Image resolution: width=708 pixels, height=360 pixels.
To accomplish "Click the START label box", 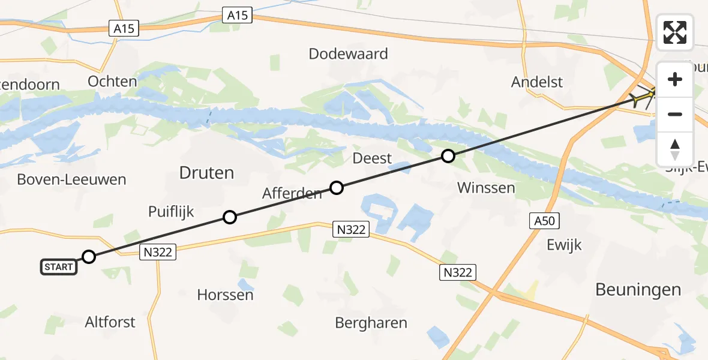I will point(59,267).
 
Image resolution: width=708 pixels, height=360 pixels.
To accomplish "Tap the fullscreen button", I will point(675,32).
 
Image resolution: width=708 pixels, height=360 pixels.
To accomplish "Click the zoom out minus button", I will point(675,114).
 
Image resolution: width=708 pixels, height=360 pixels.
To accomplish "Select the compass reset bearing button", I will point(675,149).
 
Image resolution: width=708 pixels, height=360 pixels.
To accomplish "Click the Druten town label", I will point(206,173).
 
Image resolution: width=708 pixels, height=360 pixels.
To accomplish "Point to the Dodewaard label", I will point(348,53).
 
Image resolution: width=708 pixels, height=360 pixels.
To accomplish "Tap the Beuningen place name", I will point(638,290).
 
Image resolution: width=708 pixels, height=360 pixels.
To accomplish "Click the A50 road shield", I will point(545,221).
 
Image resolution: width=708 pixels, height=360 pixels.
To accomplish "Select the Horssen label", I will point(225,295).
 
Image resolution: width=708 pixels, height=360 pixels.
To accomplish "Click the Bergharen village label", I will point(371,322).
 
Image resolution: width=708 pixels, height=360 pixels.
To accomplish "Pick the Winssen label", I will point(486,187).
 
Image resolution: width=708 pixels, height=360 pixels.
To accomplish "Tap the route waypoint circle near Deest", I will point(448,157).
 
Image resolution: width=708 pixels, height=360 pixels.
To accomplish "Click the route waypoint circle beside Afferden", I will point(337,188).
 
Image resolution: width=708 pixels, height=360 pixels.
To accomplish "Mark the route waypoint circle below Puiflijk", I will point(229,217).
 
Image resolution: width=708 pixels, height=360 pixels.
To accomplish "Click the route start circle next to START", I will point(89,257).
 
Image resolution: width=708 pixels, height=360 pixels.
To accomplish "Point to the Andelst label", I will point(537,82).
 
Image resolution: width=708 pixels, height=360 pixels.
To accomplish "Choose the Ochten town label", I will point(112,81).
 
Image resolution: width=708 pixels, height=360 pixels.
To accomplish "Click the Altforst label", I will point(110,322).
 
